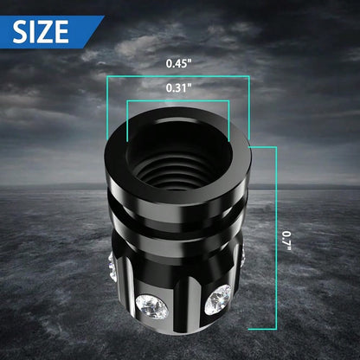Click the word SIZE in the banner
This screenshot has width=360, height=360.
pos(41,32)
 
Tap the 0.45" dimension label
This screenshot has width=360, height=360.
pos(178,63)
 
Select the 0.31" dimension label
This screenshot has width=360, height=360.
pos(178,87)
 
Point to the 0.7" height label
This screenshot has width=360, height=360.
pos(286,241)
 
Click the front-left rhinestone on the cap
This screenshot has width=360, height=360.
pos(152,307)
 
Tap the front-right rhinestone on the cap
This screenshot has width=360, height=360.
pos(218,299)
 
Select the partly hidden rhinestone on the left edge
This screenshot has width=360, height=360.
pos(112,267)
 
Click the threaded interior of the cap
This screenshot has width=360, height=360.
pos(178,162)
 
